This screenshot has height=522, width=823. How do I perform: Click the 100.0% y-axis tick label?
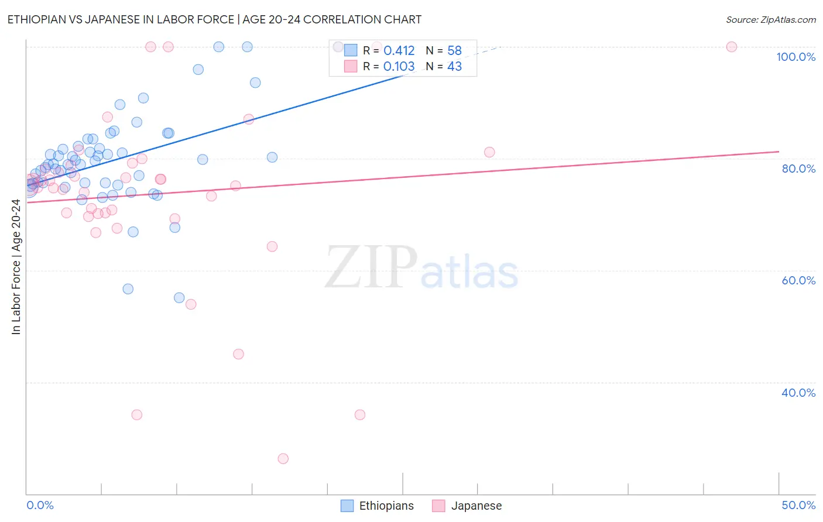point(795,57)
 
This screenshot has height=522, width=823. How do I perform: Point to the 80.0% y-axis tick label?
point(798,169)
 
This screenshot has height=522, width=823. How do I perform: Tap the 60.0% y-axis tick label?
point(798,280)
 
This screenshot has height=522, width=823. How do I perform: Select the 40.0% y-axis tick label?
point(798,393)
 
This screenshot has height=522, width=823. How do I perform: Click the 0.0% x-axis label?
point(40,505)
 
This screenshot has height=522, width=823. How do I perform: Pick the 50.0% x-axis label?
point(798,505)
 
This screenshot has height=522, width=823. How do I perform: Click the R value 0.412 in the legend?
point(399,51)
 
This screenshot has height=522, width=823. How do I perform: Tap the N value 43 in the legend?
point(454,67)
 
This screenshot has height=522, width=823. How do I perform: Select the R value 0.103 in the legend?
point(399,67)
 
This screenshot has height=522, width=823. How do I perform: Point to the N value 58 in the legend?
point(454,51)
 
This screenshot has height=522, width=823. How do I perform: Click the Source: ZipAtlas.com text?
point(770,20)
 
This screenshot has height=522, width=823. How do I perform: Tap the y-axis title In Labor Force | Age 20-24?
point(16,267)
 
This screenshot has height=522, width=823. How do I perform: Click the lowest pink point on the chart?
point(283,459)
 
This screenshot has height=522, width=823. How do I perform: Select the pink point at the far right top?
point(731,47)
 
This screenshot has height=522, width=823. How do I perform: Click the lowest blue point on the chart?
point(179,298)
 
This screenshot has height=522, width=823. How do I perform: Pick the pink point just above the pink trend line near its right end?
point(489,152)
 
